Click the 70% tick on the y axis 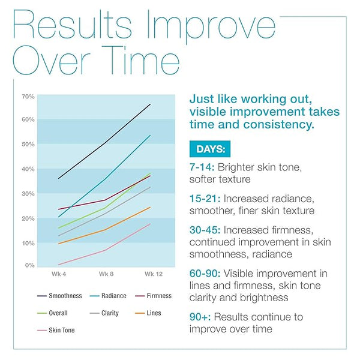click(x=28, y=97)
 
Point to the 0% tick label click(x=29, y=265)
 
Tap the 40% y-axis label click(x=28, y=169)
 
